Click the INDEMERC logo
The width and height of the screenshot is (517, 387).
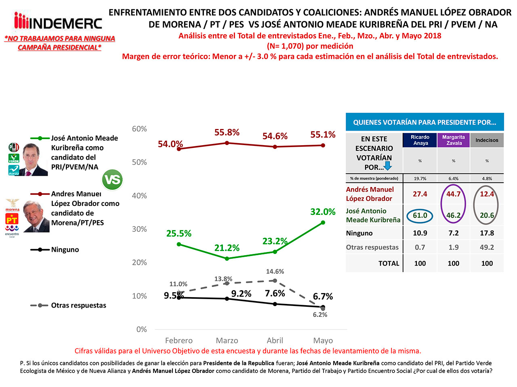click(x=58, y=22)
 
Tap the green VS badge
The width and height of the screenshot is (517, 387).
click(x=112, y=180)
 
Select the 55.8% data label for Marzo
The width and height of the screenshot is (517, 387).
click(x=227, y=133)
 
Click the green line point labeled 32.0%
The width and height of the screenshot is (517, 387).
click(x=323, y=223)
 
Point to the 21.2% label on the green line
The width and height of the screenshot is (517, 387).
click(x=227, y=248)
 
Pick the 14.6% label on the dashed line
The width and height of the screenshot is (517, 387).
click(x=275, y=272)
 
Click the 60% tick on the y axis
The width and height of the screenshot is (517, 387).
click(x=139, y=129)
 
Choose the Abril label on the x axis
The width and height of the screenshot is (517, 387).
click(x=275, y=341)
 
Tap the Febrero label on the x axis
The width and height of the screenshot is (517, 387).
click(x=179, y=341)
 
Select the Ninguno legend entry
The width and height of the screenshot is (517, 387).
click(x=65, y=250)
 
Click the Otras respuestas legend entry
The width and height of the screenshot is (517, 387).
click(x=78, y=306)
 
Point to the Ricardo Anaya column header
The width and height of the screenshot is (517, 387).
click(x=420, y=140)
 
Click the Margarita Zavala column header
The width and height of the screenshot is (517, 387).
click(x=453, y=140)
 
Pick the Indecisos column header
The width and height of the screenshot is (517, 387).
click(x=487, y=140)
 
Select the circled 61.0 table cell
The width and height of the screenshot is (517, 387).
click(x=420, y=216)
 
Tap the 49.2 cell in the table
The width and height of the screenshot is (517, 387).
click(x=487, y=248)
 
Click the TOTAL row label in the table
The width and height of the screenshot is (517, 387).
click(x=389, y=264)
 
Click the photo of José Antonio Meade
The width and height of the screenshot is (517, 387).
click(x=34, y=160)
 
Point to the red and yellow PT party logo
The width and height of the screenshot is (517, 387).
click(x=12, y=219)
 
